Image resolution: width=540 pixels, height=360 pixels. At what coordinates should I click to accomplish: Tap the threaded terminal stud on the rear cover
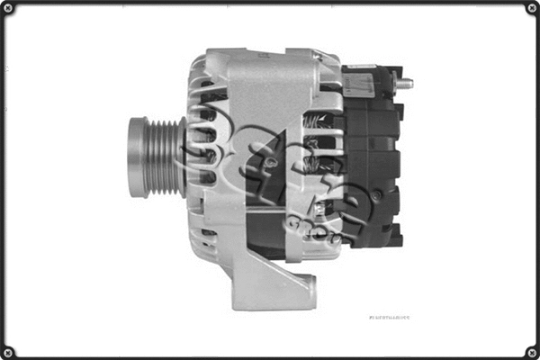click(404, 83)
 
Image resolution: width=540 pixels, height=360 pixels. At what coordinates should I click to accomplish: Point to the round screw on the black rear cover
click(375, 194)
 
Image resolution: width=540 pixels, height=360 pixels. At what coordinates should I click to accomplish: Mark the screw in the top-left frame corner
click(10, 10)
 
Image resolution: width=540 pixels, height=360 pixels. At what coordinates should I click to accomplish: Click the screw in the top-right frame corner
click(530, 10)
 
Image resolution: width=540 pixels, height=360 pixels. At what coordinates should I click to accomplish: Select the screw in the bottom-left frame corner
click(10, 350)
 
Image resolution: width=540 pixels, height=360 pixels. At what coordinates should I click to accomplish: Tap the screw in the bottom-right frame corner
click(530, 350)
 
